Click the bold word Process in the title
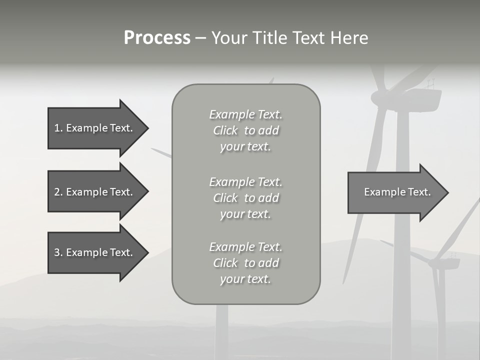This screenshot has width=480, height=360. pyautogui.click(x=157, y=38)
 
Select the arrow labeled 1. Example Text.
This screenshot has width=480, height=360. pyautogui.click(x=95, y=128)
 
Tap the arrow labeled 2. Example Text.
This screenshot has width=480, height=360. pyautogui.click(x=95, y=192)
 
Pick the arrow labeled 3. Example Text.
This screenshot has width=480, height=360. pyautogui.click(x=95, y=252)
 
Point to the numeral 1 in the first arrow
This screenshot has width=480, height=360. pyautogui.click(x=57, y=128)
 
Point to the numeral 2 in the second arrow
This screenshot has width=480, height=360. pyautogui.click(x=57, y=192)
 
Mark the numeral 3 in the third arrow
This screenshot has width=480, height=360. pyautogui.click(x=57, y=252)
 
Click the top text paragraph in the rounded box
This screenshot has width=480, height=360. pyautogui.click(x=245, y=130)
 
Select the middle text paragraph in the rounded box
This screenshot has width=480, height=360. pyautogui.click(x=245, y=198)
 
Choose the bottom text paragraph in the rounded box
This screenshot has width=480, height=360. pyautogui.click(x=245, y=263)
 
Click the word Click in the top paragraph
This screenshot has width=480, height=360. pyautogui.click(x=225, y=130)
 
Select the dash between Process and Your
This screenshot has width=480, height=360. pyautogui.click(x=200, y=38)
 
